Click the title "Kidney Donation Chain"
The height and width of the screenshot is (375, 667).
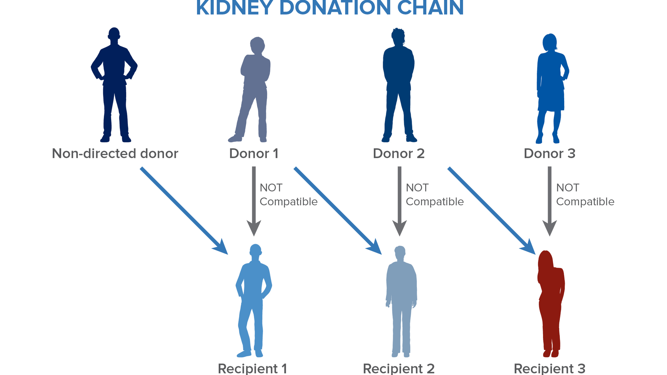pos(330,8)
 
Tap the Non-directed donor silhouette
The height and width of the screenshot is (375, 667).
pos(114,83)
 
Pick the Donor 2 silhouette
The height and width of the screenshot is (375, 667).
pos(398,83)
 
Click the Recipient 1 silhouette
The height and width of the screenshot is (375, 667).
pos(254,299)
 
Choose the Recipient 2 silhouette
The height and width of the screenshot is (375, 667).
pos(401,299)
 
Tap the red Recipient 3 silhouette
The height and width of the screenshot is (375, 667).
pos(551,302)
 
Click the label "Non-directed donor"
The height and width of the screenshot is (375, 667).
pos(115,153)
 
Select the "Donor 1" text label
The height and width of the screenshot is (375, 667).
pos(254,153)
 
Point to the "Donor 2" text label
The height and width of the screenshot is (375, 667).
pos(399,153)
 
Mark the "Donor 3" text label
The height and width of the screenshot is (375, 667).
pos(550,153)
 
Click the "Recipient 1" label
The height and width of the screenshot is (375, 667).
pos(253,368)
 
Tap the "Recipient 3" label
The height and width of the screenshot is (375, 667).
pos(550,368)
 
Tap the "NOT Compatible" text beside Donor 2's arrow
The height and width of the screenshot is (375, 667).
pos(435,194)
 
